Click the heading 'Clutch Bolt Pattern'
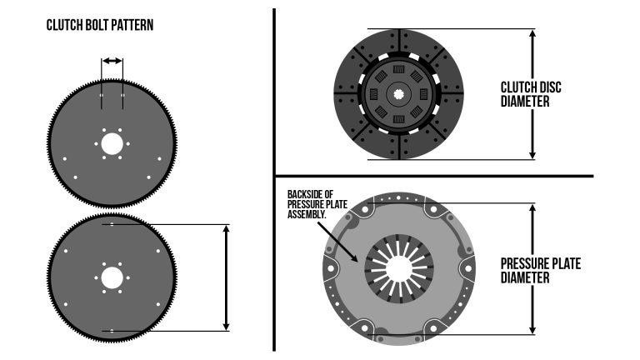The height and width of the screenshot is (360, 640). pyautogui.click(x=100, y=26)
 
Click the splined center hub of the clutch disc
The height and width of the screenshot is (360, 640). pyautogui.click(x=399, y=93)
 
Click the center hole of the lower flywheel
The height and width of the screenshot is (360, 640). pyautogui.click(x=112, y=277)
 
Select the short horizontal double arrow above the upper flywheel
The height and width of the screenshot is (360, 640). pyautogui.click(x=112, y=61)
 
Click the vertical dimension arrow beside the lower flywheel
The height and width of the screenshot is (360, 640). pyautogui.click(x=226, y=277)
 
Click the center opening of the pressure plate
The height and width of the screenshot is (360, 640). pyautogui.click(x=397, y=268)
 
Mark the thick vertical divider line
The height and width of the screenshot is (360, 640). pyautogui.click(x=274, y=179)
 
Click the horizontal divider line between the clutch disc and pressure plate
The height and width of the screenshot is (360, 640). pyautogui.click(x=433, y=177)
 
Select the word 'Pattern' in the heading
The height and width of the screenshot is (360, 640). pyautogui.click(x=133, y=26)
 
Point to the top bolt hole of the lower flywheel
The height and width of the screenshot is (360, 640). pyautogui.click(x=112, y=225)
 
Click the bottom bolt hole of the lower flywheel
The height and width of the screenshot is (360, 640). pyautogui.click(x=112, y=330)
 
